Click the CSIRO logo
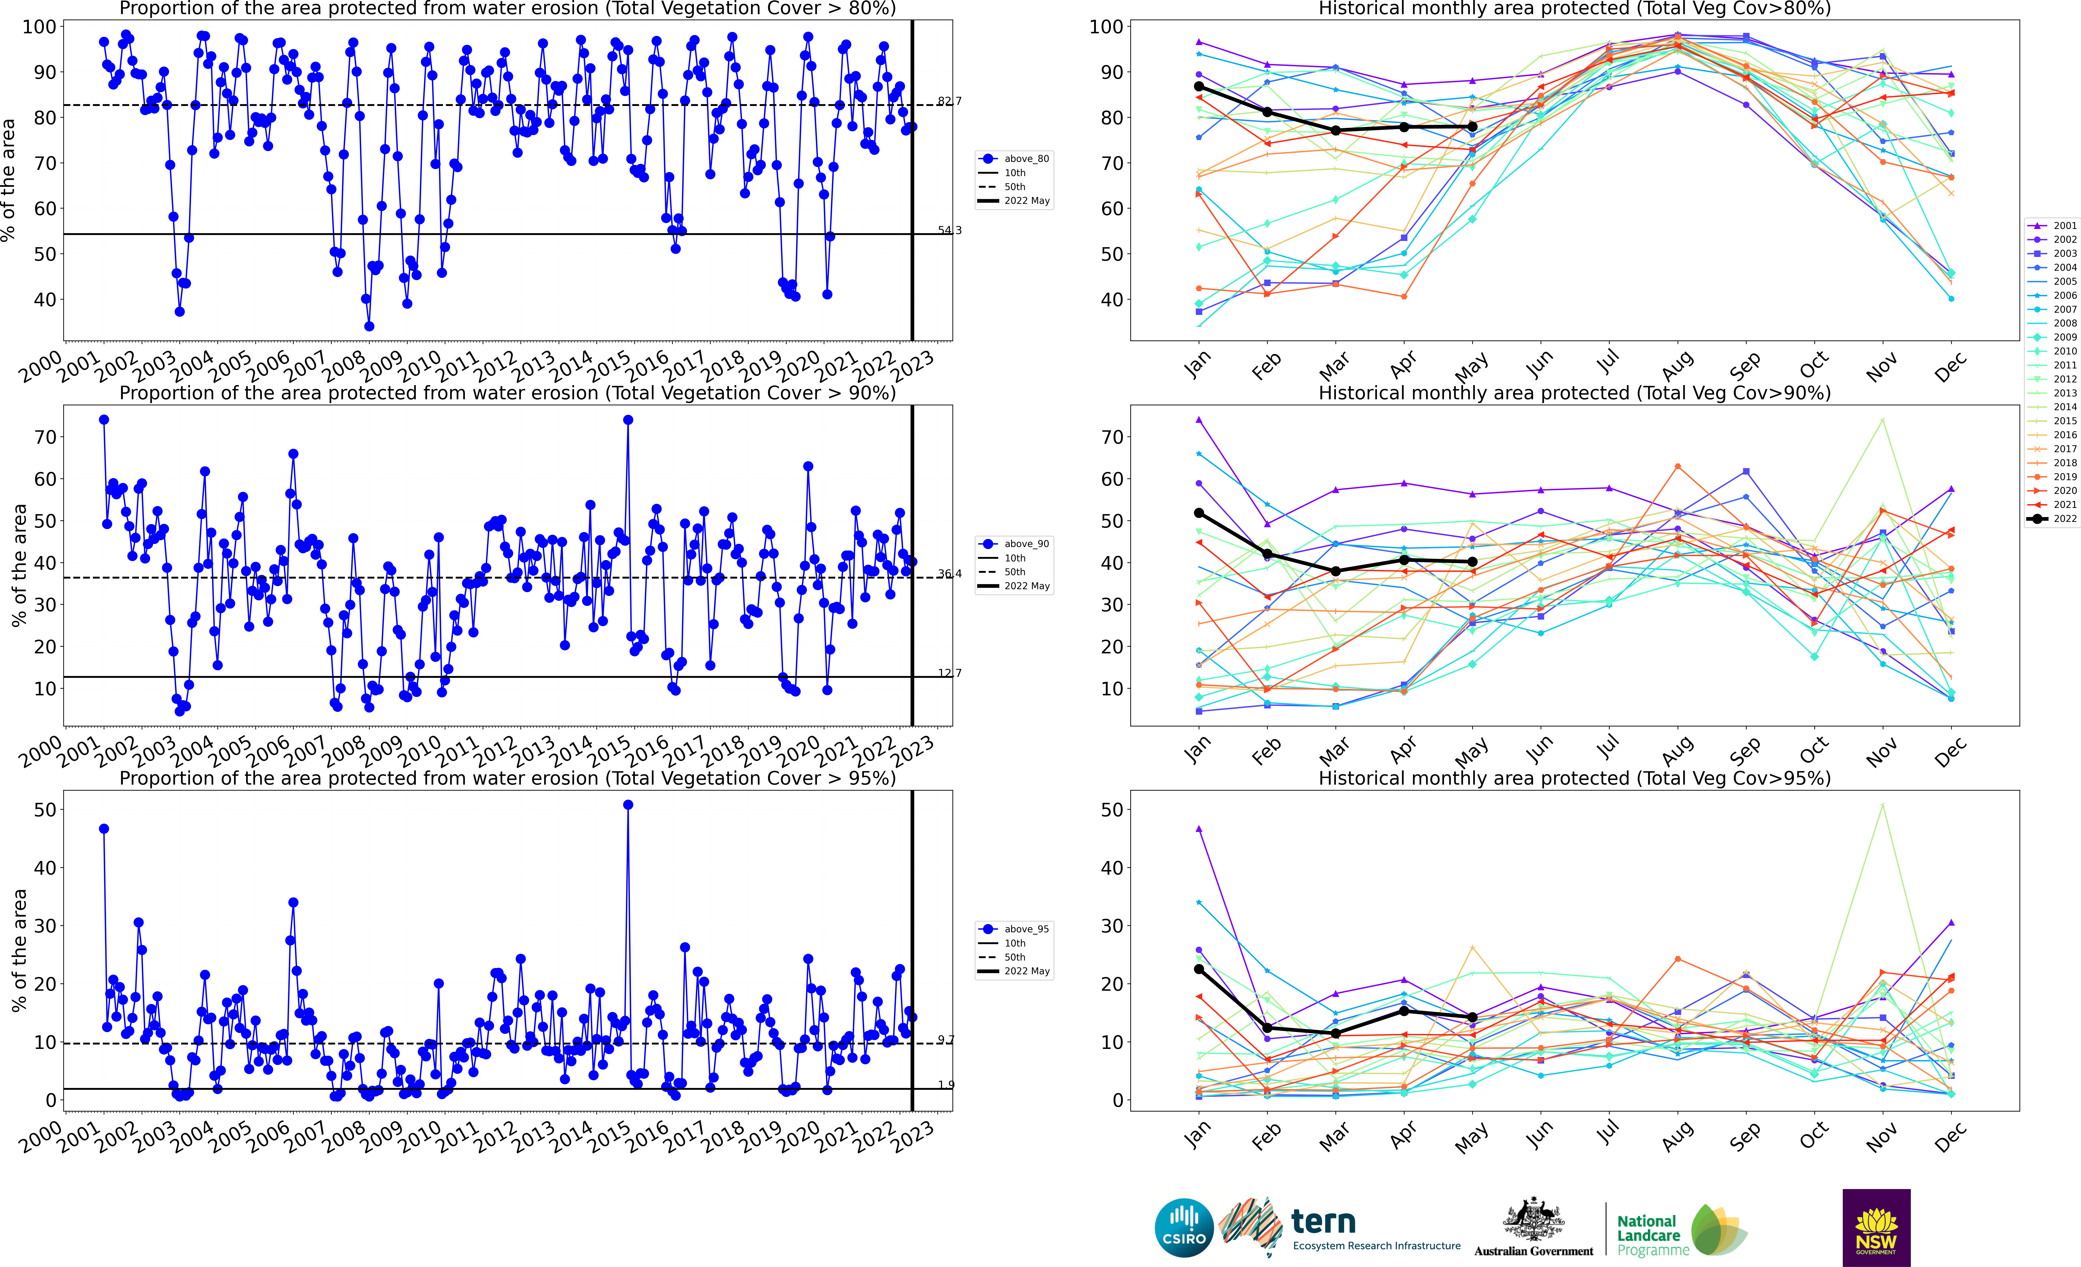pos(1184,1227)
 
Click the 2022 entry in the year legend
pos(2052,519)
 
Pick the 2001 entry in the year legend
pos(2052,225)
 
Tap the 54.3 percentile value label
pos(949,230)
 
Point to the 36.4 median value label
pos(949,573)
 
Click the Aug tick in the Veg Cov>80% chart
pos(1677,365)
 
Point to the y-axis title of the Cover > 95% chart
pos(19,950)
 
